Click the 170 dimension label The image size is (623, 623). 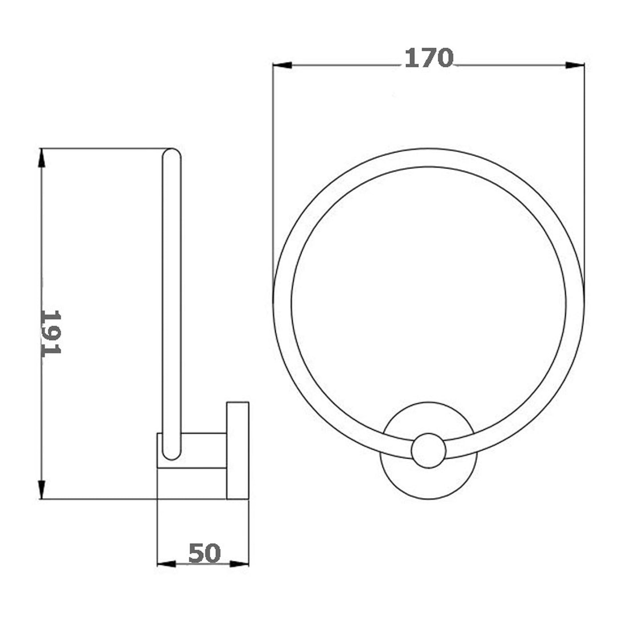pos(429,58)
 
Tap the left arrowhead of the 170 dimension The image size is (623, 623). pos(282,65)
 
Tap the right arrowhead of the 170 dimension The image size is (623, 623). pos(574,65)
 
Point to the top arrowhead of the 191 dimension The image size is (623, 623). pos(42,158)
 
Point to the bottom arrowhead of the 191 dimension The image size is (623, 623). pos(42,489)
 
